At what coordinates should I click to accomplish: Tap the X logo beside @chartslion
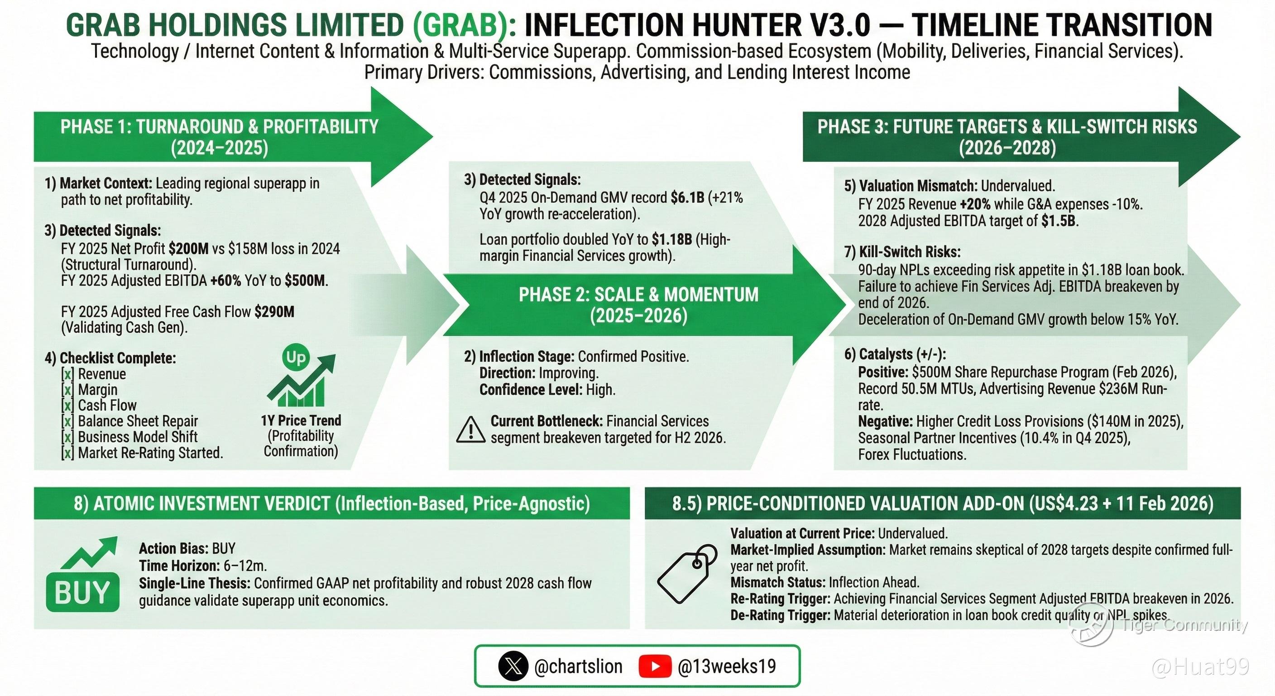point(513,666)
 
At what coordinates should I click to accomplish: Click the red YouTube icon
point(655,666)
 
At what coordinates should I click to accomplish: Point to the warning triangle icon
point(470,429)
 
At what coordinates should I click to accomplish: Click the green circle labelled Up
point(296,357)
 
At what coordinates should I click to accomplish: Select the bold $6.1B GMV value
point(687,198)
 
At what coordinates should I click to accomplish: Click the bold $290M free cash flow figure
point(274,312)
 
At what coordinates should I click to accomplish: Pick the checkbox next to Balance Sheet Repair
point(68,421)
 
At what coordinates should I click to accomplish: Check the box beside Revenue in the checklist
point(68,374)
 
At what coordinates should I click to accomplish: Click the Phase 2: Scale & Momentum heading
point(638,304)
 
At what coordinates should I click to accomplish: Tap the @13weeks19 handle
point(727,667)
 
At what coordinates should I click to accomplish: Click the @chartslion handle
point(578,667)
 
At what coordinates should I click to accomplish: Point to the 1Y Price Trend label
point(301,420)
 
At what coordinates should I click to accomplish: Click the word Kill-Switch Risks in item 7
point(910,251)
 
